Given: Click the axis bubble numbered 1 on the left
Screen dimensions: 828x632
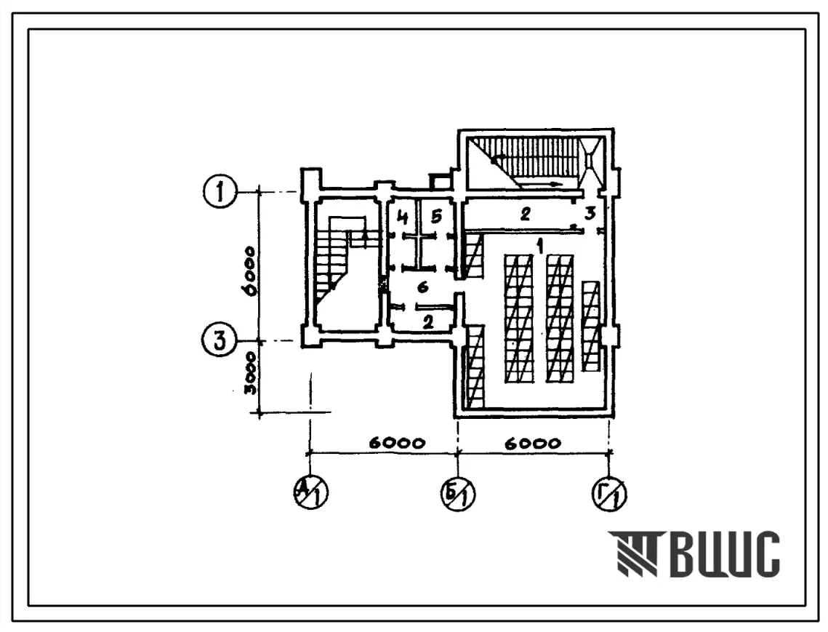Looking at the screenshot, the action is pyautogui.click(x=219, y=192).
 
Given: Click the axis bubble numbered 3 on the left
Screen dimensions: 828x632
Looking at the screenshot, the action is pyautogui.click(x=219, y=340).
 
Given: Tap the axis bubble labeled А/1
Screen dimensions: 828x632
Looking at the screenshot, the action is pyautogui.click(x=311, y=492).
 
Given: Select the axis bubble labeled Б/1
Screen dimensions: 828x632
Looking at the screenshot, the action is pyautogui.click(x=458, y=492).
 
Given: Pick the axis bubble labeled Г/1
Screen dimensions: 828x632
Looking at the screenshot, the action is pyautogui.click(x=609, y=494).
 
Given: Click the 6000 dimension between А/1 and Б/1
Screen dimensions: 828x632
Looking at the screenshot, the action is pyautogui.click(x=396, y=443).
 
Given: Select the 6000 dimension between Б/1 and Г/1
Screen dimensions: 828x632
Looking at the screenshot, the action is pyautogui.click(x=531, y=443).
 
